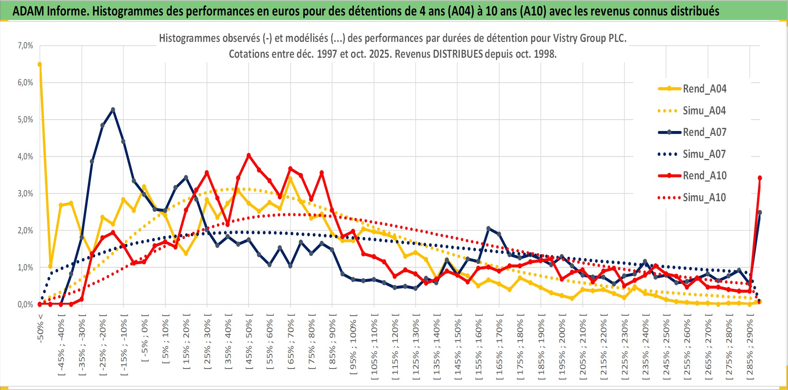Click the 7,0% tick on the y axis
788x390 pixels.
25,46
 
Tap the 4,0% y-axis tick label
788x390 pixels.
25,157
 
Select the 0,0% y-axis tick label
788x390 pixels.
25,305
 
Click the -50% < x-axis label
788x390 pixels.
40,328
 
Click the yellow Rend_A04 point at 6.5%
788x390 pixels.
40,64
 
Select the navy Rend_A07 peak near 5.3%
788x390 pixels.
113,110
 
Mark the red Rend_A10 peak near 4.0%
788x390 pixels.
249,155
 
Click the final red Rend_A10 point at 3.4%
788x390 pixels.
760,178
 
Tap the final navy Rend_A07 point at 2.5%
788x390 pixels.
760,213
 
